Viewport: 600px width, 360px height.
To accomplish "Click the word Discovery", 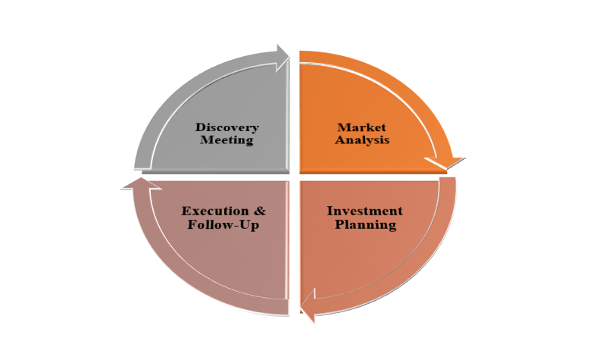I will pos(227,127).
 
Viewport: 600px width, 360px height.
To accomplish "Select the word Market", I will pos(361,127).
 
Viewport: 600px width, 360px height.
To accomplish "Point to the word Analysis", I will pos(364,140).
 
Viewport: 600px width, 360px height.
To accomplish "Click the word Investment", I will pos(364,211).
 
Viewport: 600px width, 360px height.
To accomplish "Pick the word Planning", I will pos(365,225).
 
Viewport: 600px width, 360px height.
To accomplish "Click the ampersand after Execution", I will pos(259,211).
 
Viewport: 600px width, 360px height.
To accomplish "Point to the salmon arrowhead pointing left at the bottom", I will pos(308,307).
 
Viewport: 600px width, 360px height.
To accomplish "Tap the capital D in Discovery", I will pos(200,127).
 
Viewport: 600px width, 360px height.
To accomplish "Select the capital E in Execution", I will pos(186,211).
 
